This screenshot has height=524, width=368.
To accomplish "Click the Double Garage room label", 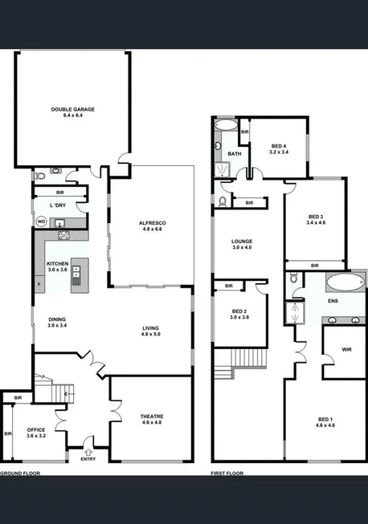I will [73, 112].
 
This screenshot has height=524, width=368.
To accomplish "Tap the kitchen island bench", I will [77, 274].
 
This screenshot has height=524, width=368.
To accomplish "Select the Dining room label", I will [58, 323].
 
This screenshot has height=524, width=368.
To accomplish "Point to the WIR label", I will [346, 350].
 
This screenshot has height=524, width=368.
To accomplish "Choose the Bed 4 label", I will [277, 148].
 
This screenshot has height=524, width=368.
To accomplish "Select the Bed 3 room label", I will [316, 220].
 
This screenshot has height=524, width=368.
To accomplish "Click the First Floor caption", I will [227, 473].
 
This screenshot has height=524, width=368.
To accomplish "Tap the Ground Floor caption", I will [19, 473].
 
